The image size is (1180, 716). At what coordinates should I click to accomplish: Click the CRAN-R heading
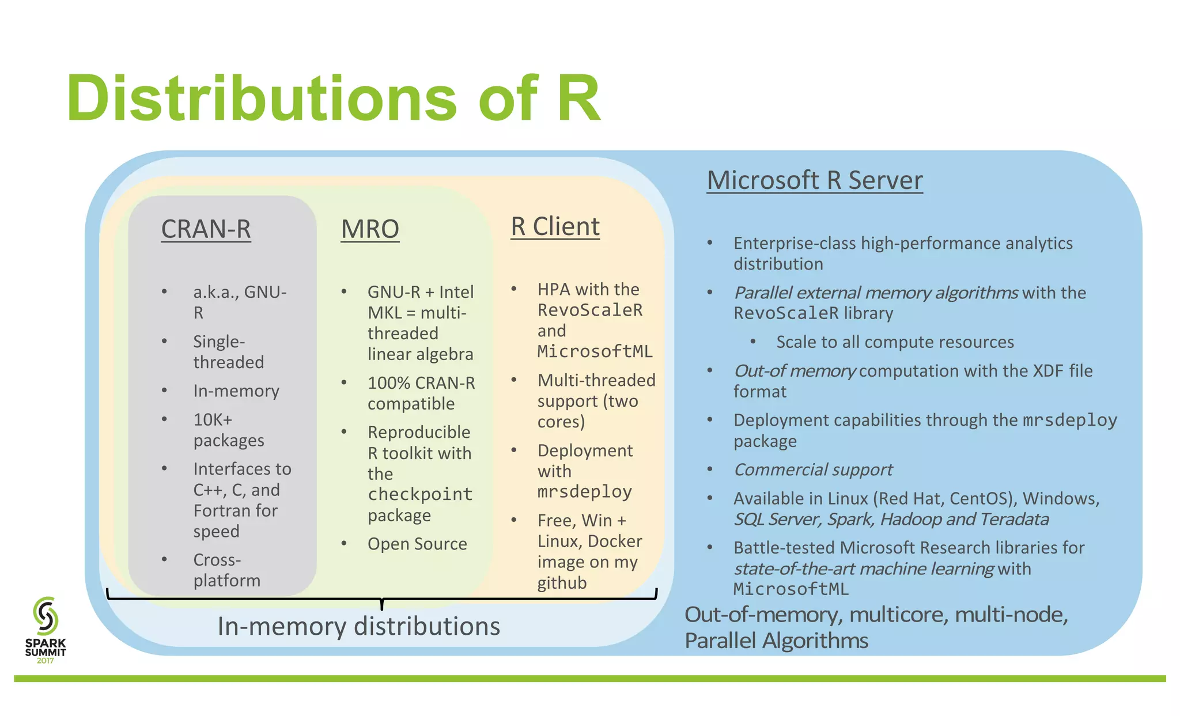point(206,229)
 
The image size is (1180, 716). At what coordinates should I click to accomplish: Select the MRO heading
point(370,229)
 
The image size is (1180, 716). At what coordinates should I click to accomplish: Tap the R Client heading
point(555,226)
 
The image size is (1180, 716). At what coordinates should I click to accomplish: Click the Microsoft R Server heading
point(814,180)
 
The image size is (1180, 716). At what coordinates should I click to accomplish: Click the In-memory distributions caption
point(358,626)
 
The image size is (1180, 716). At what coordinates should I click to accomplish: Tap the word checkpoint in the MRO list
point(420,494)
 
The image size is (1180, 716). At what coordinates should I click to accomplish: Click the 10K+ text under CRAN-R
point(213,419)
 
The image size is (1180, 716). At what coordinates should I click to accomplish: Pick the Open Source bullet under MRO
point(417,544)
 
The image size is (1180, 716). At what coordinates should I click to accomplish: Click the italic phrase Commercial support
point(812,469)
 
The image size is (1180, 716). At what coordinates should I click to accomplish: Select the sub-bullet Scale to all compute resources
point(895,342)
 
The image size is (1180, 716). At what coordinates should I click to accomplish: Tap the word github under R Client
point(562,583)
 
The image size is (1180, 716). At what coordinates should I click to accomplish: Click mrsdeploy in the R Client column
point(584,491)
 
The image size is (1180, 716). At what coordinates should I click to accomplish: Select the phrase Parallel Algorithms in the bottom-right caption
point(776,641)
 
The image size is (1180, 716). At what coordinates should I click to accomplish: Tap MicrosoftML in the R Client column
point(595,351)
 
